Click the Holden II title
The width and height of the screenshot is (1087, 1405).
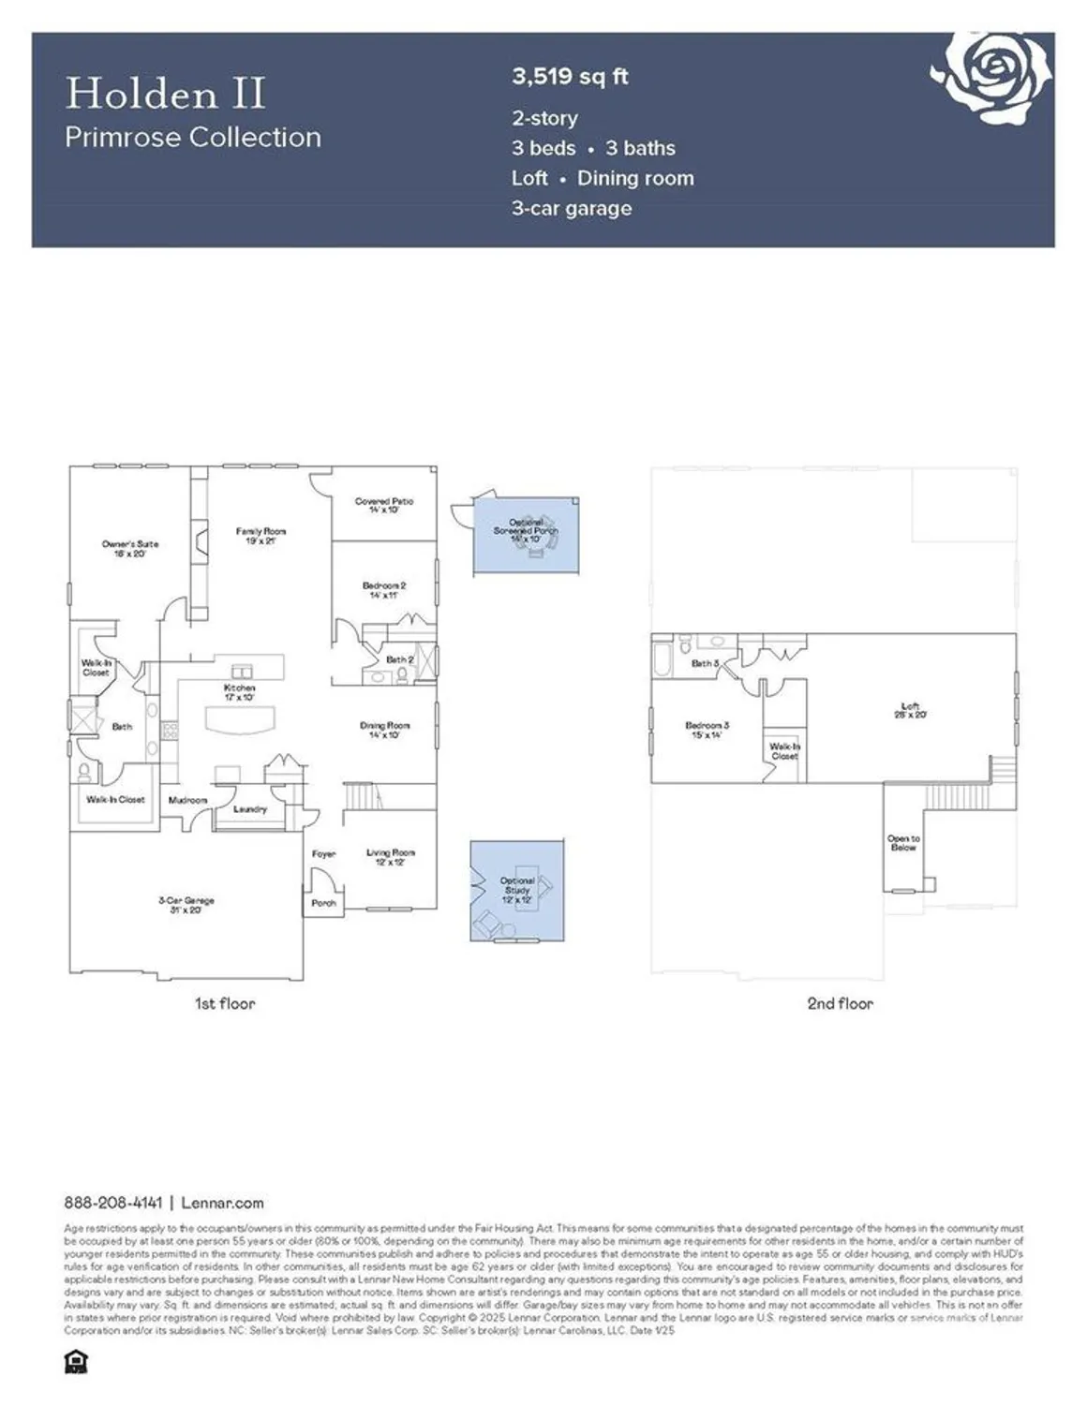click(x=165, y=94)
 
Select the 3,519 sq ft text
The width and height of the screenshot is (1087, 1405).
click(x=569, y=77)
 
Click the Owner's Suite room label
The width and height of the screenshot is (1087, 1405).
click(x=130, y=548)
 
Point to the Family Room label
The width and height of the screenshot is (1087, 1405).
click(x=261, y=536)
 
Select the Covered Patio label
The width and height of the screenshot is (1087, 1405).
click(x=384, y=506)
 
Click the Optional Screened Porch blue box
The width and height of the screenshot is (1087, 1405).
click(x=526, y=537)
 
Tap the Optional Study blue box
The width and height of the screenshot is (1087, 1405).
click(x=517, y=890)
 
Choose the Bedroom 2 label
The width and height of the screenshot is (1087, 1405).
click(x=384, y=590)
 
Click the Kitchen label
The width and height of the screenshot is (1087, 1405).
click(x=240, y=692)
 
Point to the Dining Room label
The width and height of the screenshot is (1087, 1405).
click(x=384, y=730)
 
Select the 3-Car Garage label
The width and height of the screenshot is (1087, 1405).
click(x=186, y=904)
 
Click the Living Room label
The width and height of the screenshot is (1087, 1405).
click(x=391, y=856)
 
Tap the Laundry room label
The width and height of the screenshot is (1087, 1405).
click(x=250, y=808)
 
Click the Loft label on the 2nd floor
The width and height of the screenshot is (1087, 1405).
click(x=910, y=710)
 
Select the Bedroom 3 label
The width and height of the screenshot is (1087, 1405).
click(x=707, y=730)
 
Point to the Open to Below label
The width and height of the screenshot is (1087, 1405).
click(x=903, y=843)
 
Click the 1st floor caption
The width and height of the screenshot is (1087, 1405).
click(x=225, y=1003)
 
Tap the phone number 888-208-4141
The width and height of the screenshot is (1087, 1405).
click(x=113, y=1203)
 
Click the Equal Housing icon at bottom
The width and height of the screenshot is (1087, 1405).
click(x=75, y=1362)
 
